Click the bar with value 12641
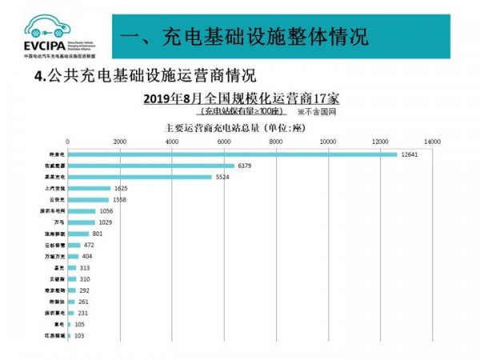pyautogui.click(x=232, y=154)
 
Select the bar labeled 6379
pyautogui.click(x=151, y=166)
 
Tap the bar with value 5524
pyautogui.click(x=140, y=177)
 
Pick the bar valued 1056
pyautogui.click(x=82, y=211)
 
